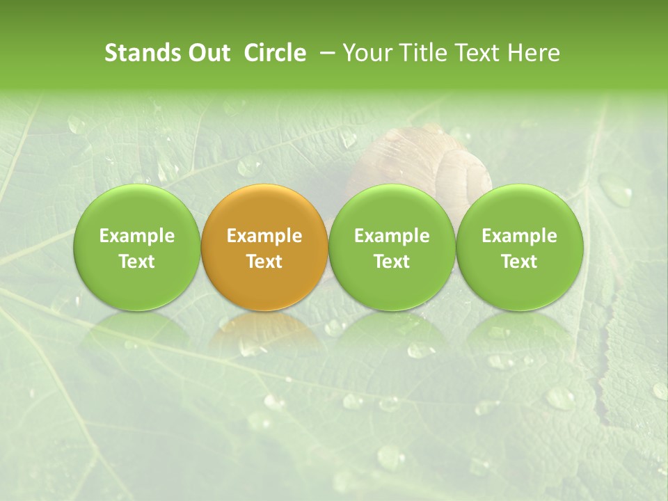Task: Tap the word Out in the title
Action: click(x=207, y=53)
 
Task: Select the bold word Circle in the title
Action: click(x=275, y=53)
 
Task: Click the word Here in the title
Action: click(x=534, y=53)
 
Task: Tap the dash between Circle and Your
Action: click(x=324, y=53)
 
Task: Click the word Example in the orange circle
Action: click(x=264, y=236)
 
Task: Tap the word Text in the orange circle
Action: click(x=264, y=262)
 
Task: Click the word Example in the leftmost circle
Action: click(x=136, y=236)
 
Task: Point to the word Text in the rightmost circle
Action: click(x=520, y=262)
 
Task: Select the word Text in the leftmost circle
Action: click(x=136, y=262)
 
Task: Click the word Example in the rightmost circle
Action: click(x=520, y=236)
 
